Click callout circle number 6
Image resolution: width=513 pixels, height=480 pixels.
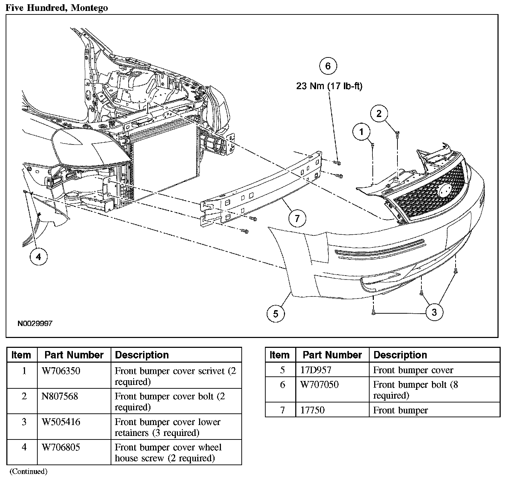pos(328,66)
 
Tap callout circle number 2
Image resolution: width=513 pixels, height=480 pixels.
pos(379,113)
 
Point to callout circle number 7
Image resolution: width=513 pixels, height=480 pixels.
pos(297,219)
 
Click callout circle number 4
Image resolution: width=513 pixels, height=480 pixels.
pos(38,257)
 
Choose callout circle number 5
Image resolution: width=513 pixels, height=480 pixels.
pos(276,313)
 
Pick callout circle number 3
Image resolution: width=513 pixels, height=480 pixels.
pos(434,312)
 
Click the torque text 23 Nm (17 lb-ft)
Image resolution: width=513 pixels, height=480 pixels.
pos(329,86)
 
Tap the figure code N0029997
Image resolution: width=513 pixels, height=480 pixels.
pos(35,323)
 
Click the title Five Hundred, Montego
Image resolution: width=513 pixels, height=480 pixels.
pos(57,8)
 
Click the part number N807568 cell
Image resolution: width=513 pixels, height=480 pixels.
pos(60,396)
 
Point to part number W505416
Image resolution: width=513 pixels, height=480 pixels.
pos(61,422)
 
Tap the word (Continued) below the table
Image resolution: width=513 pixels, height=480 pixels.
pos(28,472)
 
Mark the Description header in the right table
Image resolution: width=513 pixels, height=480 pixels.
pos(400,355)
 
